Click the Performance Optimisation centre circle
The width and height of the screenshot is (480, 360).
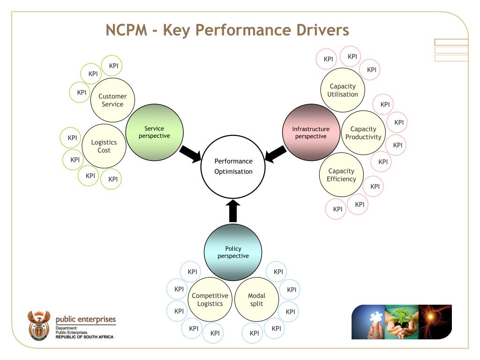tap(233, 167)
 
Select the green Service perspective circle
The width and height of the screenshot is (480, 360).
tap(154, 133)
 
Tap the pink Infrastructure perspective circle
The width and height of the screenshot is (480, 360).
tap(311, 133)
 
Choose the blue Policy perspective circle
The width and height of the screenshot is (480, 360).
tap(233, 252)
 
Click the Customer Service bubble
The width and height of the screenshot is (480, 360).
tap(112, 100)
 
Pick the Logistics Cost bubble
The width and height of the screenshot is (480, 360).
tap(104, 146)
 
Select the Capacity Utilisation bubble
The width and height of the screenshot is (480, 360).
tap(343, 90)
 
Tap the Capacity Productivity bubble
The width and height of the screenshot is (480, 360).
tap(363, 133)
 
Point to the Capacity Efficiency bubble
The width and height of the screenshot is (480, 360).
tap(341, 175)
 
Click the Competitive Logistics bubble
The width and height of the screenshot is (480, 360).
tap(210, 300)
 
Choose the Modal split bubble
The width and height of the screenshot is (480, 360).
tap(256, 300)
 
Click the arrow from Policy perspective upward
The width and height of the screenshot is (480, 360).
tap(233, 211)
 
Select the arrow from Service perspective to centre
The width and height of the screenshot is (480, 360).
tap(190, 154)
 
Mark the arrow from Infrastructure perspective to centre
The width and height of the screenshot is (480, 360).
tap(276, 154)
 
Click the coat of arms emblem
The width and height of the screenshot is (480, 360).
tap(38, 324)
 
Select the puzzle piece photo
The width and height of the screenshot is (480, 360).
tap(368, 322)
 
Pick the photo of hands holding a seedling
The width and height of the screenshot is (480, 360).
tap(401, 322)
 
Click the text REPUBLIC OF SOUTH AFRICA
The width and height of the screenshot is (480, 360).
tap(84, 337)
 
